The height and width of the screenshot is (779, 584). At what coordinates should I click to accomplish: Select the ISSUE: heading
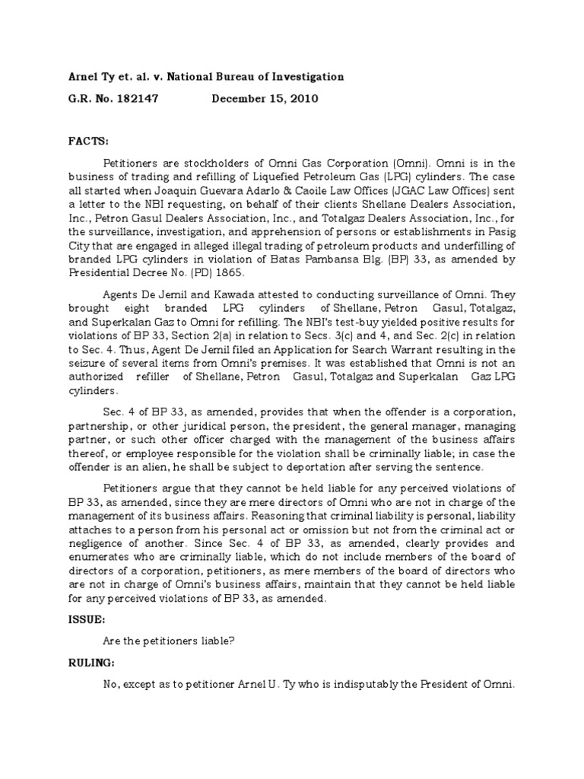click(86, 620)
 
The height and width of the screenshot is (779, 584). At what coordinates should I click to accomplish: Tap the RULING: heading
click(91, 662)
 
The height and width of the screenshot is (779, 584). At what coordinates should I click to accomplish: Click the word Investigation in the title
click(307, 77)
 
